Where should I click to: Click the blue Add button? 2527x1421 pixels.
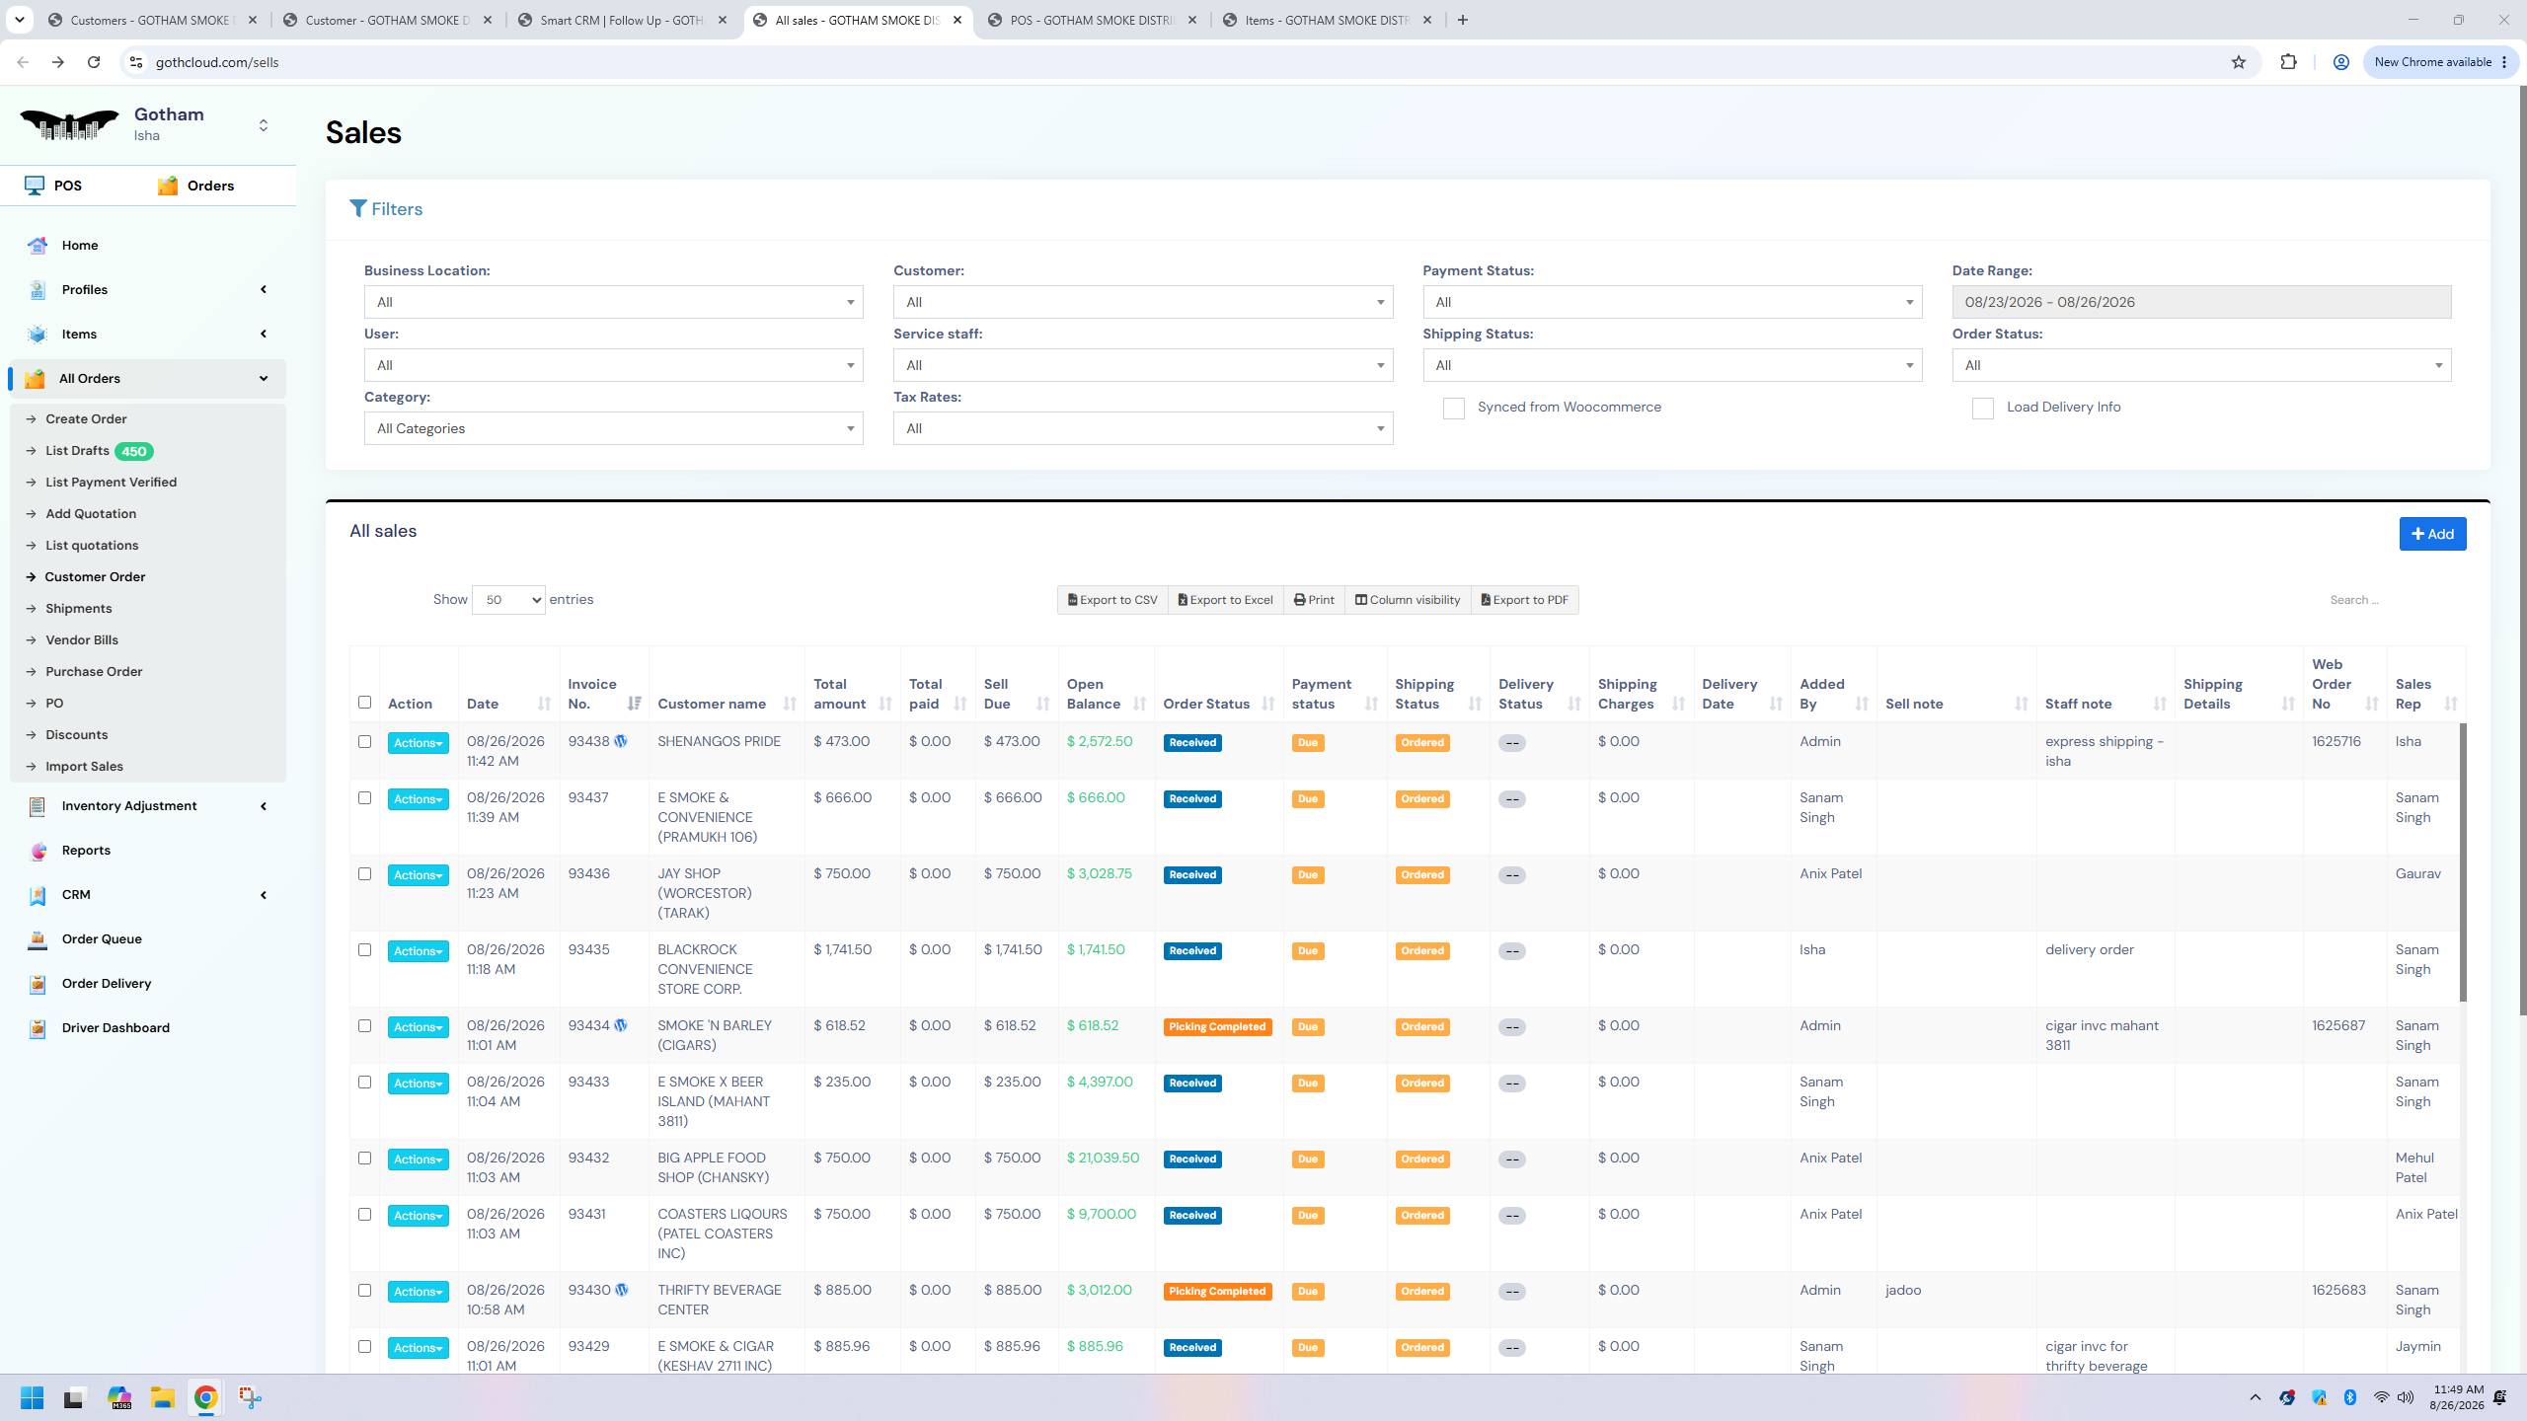(x=2432, y=534)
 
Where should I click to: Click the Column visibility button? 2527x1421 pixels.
(x=1408, y=600)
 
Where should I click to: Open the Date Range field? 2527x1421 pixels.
(x=2201, y=302)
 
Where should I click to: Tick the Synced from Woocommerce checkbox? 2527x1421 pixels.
(x=1453, y=408)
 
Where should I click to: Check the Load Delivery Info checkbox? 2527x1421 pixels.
(x=1982, y=408)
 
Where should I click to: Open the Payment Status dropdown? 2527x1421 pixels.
(x=1672, y=302)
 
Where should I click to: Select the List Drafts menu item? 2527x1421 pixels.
(x=77, y=451)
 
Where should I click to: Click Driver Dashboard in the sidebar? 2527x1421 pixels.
(x=115, y=1027)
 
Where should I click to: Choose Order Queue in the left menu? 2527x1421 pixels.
(x=102, y=938)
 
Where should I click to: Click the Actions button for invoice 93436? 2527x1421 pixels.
(x=418, y=875)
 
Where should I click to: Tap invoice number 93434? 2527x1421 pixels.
(x=589, y=1025)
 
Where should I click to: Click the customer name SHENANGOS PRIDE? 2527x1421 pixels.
(x=719, y=741)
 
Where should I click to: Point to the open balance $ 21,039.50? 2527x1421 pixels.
(x=1103, y=1158)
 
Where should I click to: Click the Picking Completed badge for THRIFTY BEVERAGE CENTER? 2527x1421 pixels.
(x=1217, y=1292)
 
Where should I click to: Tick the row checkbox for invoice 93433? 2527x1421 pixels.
(x=364, y=1083)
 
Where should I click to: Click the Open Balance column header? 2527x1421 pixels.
(x=1094, y=694)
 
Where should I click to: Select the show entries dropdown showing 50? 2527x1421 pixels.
(x=508, y=600)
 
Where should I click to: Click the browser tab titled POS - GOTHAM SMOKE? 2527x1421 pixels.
(x=1091, y=20)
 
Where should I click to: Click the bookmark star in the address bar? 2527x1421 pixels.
(x=2238, y=62)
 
